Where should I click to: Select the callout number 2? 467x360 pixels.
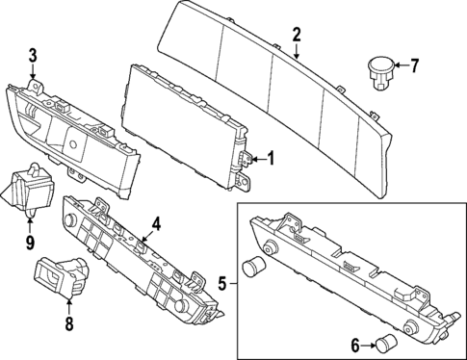click(297, 35)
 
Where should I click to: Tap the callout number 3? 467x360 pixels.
click(33, 55)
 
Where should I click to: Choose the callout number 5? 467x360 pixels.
click(222, 284)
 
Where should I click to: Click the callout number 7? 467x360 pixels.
click(415, 66)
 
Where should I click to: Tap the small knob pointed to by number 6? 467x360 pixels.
click(387, 341)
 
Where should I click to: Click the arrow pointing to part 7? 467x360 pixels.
click(400, 66)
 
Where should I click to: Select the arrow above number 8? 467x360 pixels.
click(68, 306)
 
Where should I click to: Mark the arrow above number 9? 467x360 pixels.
click(30, 224)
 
